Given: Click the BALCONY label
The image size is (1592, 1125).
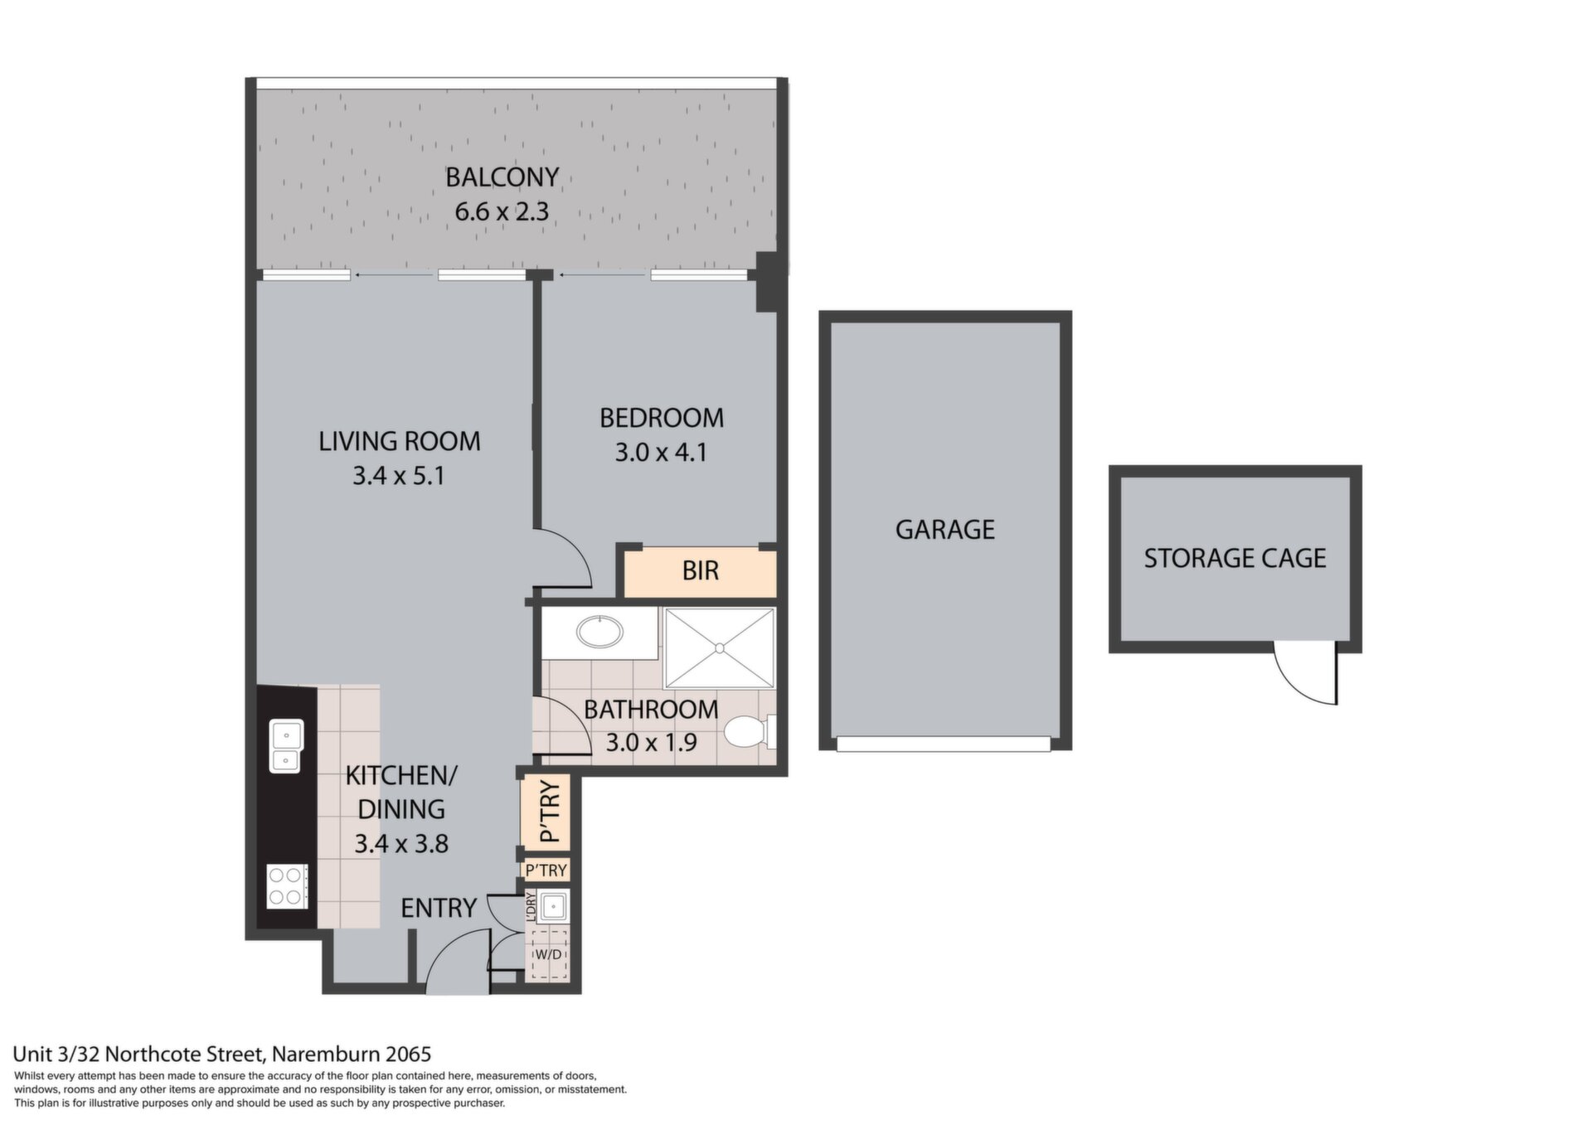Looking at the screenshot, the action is tap(502, 177).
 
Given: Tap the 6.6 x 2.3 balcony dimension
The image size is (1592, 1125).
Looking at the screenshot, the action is tap(502, 211).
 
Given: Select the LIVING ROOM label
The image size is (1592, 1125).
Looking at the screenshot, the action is tap(400, 441).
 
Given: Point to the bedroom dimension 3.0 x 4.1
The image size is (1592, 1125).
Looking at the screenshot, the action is tap(661, 453).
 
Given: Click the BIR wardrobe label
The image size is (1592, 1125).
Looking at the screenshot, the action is tap(701, 570).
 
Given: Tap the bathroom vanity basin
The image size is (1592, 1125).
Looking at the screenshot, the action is tap(600, 633).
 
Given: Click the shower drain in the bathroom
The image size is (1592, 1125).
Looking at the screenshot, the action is tap(720, 647).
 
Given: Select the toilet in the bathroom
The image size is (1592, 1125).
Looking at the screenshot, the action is tap(750, 732).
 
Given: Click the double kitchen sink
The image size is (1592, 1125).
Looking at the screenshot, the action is tap(286, 746).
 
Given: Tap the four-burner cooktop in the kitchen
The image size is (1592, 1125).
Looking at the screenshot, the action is tap(287, 886).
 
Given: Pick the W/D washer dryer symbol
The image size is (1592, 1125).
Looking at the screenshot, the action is tap(548, 954).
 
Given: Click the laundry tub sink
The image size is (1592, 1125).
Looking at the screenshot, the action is tap(552, 907).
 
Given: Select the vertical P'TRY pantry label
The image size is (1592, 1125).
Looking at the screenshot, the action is tap(550, 812).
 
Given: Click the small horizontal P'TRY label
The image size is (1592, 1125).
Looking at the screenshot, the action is tap(546, 870).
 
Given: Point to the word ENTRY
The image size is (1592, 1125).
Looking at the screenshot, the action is tap(439, 909).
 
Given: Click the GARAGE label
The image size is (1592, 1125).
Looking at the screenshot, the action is tap(945, 530).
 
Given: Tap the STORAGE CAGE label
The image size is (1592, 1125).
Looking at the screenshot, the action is tap(1235, 559).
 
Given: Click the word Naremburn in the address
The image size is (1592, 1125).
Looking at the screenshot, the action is tap(326, 1055).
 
